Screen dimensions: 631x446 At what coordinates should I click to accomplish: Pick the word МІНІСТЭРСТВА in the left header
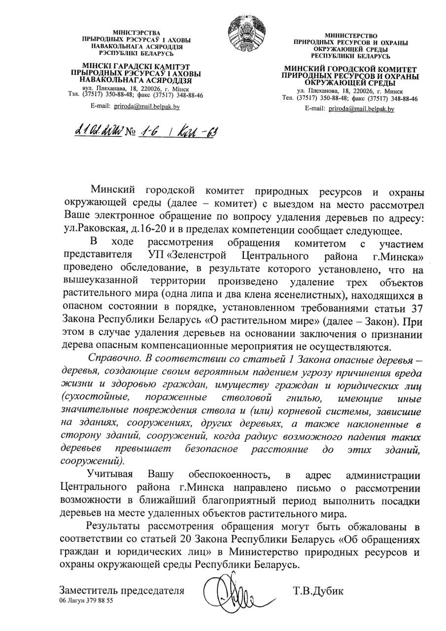137,33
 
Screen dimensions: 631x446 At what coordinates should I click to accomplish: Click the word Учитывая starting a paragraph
110,475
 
